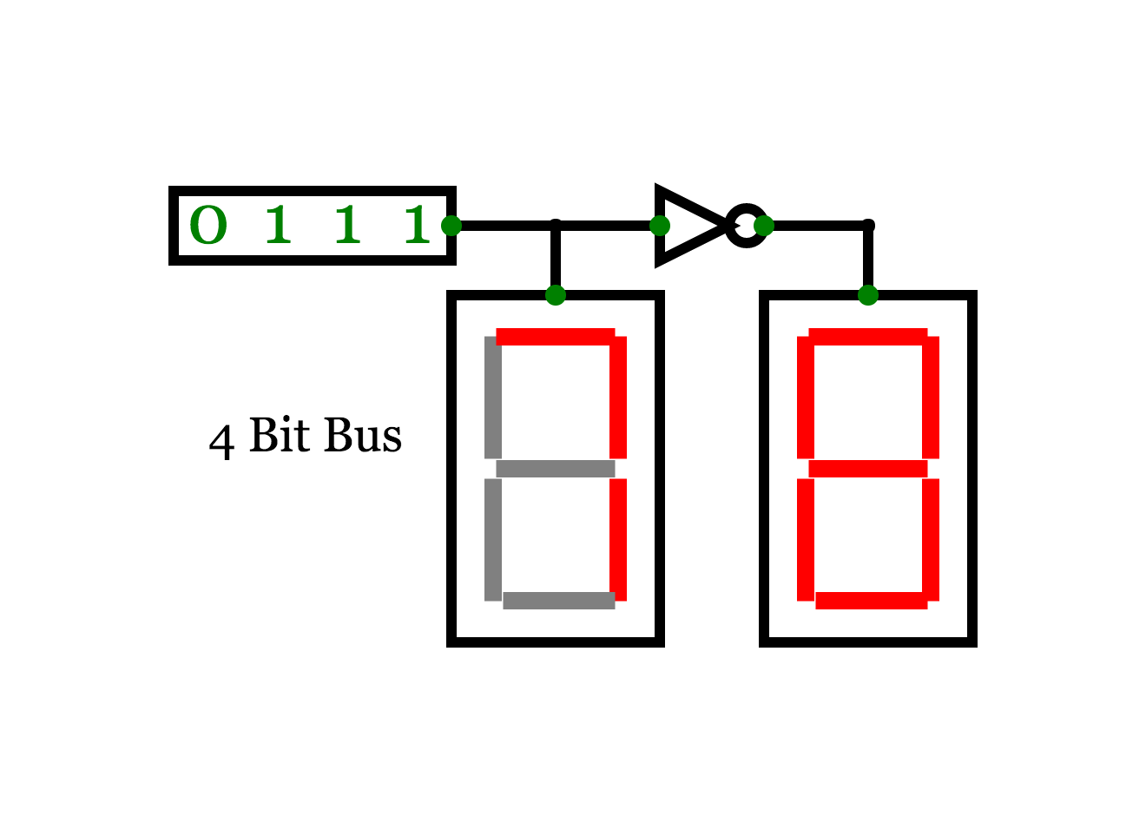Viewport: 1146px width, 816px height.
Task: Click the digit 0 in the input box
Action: coord(208,225)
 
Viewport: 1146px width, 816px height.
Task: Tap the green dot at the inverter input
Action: coord(660,226)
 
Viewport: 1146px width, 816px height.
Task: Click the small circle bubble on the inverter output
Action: coord(747,226)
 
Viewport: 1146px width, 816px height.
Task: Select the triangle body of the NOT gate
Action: coord(689,226)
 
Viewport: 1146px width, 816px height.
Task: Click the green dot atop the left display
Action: coord(555,295)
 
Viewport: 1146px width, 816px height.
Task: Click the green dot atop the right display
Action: coord(867,295)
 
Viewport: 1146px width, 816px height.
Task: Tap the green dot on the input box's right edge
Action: coord(451,226)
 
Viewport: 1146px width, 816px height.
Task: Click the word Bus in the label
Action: coord(363,436)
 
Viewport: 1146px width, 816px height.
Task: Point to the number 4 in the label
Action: coord(221,442)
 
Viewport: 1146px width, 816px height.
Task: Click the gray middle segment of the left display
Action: coord(555,469)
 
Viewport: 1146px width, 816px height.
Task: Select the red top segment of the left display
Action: coord(555,337)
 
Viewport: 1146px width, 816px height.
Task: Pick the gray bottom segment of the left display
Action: coord(559,601)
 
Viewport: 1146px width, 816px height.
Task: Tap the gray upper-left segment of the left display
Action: coord(492,397)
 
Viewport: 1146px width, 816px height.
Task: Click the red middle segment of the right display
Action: coord(867,469)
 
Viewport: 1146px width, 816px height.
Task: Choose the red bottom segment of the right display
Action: coord(872,601)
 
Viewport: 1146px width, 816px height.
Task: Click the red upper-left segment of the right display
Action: coord(806,397)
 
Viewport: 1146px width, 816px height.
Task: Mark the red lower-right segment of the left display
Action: coord(618,540)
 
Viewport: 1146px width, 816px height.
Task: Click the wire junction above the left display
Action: coord(555,226)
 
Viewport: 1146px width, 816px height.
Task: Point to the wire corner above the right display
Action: coord(867,226)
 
